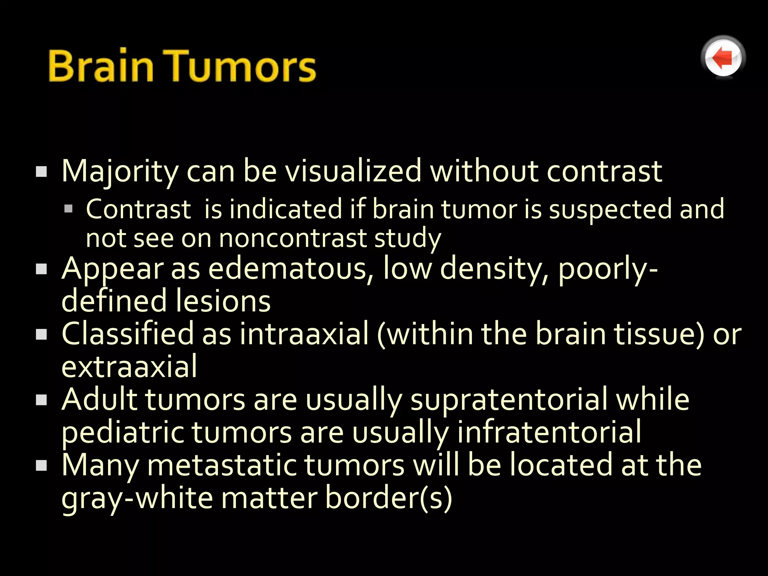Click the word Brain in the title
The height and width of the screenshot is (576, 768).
tap(101, 66)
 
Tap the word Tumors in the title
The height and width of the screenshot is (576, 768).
tap(240, 66)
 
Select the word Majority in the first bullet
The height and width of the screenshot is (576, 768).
tap(120, 172)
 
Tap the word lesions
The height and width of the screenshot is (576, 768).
tap(223, 301)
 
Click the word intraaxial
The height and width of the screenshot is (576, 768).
tap(304, 333)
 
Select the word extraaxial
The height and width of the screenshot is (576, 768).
tap(129, 366)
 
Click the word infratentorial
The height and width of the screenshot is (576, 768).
tap(549, 432)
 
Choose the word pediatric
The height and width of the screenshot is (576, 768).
tap(122, 432)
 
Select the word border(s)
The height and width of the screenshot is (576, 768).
tap(388, 498)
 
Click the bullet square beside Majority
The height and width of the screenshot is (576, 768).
tap(41, 172)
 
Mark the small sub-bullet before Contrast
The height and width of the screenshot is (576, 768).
tap(68, 208)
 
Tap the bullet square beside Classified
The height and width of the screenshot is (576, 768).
tap(41, 334)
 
